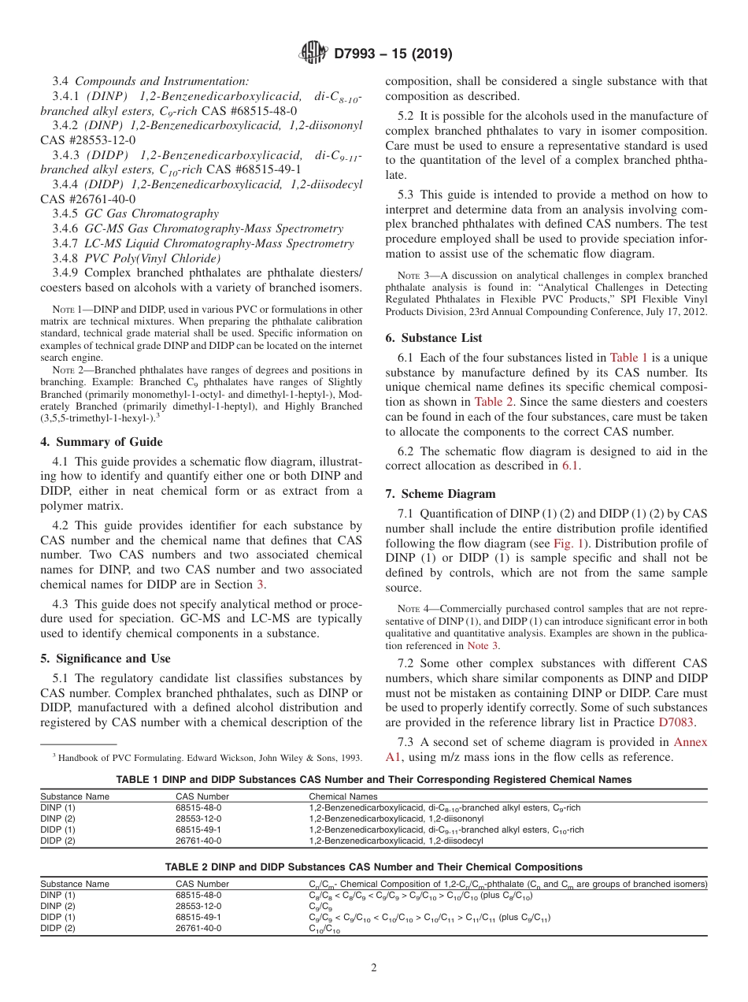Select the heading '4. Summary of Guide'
pos(102,442)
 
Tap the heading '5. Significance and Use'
pos(105,659)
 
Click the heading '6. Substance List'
pos(434,338)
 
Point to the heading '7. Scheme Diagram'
pos(440,494)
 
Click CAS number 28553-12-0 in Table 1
pos(199,818)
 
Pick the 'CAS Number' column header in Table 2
pos(202,884)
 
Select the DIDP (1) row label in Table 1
pos(58,829)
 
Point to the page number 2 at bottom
pos(373,968)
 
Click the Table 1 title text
pos(373,780)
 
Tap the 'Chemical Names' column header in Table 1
pos(337,796)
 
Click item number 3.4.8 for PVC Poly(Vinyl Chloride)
pos(64,258)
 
